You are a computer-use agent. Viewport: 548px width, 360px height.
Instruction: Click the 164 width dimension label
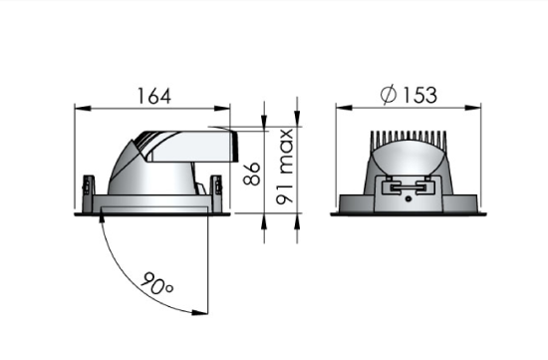154,96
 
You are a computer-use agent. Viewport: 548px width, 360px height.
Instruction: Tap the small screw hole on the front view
410,199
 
